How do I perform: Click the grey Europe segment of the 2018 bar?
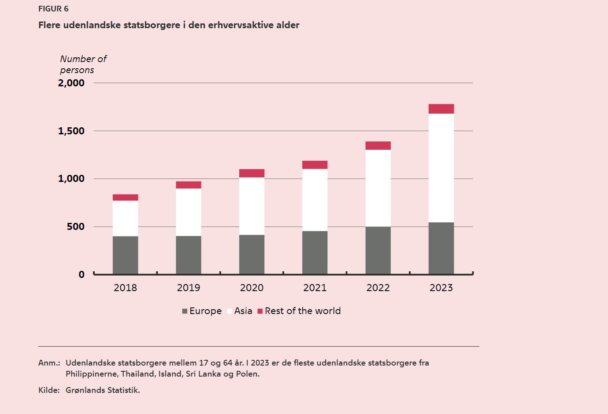pyautogui.click(x=125, y=255)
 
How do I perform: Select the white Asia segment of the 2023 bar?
pyautogui.click(x=441, y=168)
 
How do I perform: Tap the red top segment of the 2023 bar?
pyautogui.click(x=441, y=109)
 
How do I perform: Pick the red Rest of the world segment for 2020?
pyautogui.click(x=252, y=173)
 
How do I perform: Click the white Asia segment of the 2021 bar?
pyautogui.click(x=315, y=200)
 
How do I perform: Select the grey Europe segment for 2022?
pyautogui.click(x=378, y=250)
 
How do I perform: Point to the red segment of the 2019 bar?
pyautogui.click(x=189, y=185)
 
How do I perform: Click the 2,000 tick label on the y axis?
pyautogui.click(x=71, y=83)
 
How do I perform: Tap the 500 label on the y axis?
pyautogui.click(x=75, y=226)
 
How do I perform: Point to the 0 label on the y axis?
pyautogui.click(x=82, y=275)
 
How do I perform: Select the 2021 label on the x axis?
pyautogui.click(x=315, y=288)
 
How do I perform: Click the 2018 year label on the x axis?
pyautogui.click(x=125, y=288)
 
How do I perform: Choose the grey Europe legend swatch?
pyautogui.click(x=185, y=311)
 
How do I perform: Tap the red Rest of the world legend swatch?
pyautogui.click(x=260, y=311)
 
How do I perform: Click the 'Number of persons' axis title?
pyautogui.click(x=83, y=64)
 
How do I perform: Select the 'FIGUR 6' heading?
pyautogui.click(x=53, y=9)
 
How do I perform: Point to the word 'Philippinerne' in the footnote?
pyautogui.click(x=92, y=374)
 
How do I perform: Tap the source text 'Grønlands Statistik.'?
pyautogui.click(x=103, y=390)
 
